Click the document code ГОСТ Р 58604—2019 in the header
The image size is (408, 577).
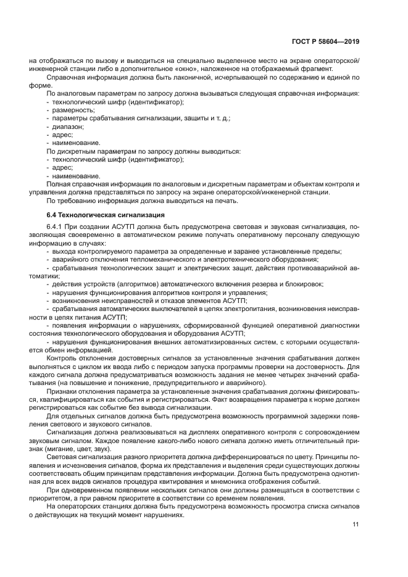coord(326,41)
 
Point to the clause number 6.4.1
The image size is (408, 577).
coord(56,227)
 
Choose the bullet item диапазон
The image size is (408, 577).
coord(67,126)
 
